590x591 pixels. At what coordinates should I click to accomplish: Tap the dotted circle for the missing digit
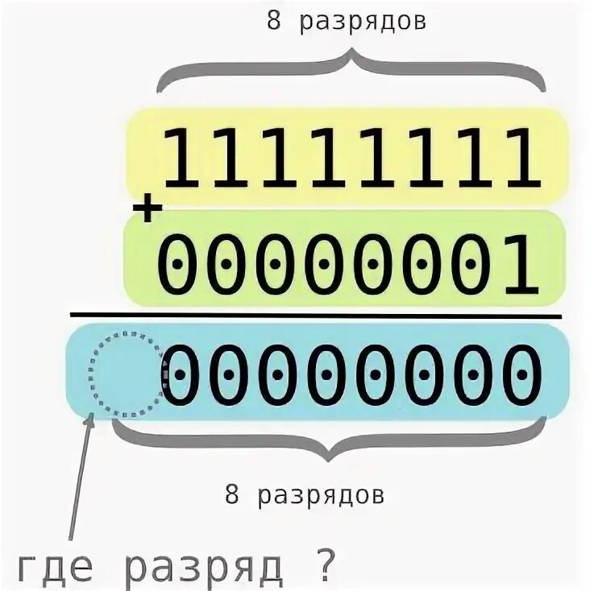tap(125, 375)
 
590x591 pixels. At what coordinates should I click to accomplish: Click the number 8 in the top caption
tap(274, 22)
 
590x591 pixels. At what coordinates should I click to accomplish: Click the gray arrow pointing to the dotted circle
tap(81, 475)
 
